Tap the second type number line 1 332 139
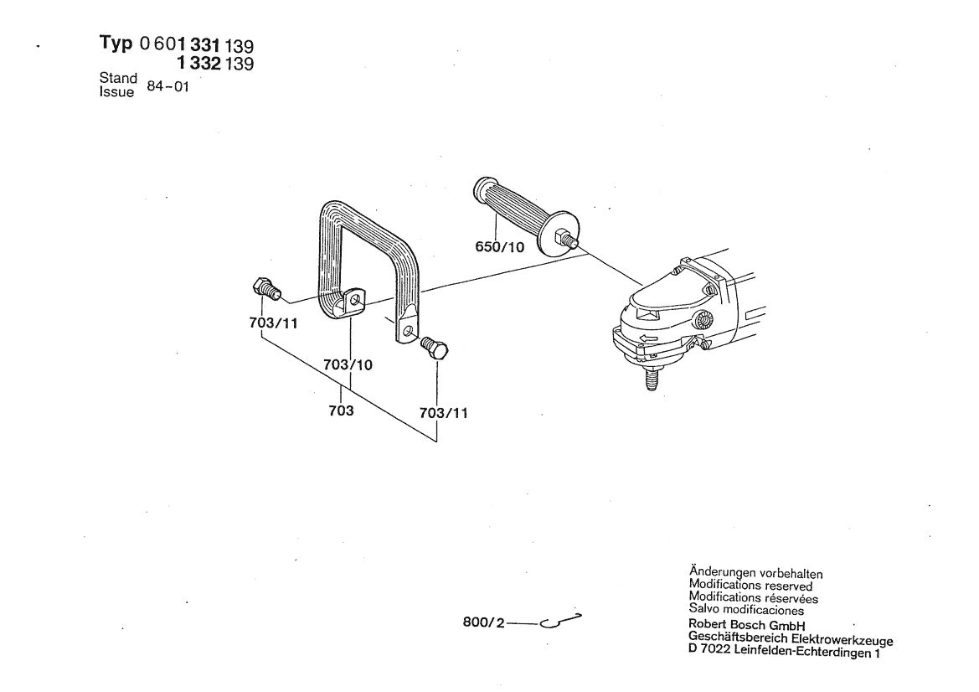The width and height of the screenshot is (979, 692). tap(214, 64)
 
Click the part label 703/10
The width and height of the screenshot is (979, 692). tap(347, 365)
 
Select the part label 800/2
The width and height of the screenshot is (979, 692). tap(482, 623)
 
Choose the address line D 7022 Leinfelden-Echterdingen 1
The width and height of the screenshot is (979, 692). tap(784, 653)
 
